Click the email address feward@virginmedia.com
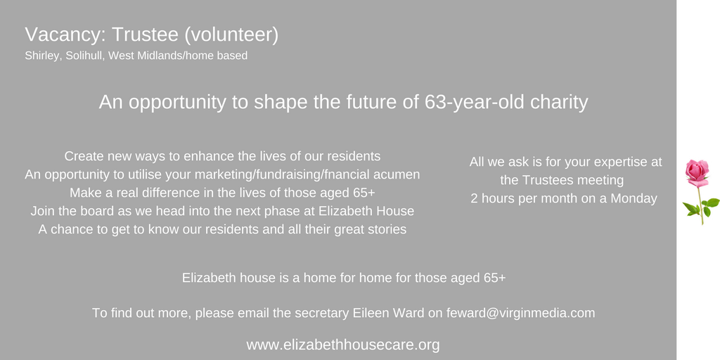tap(520, 313)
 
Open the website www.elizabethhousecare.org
tap(343, 345)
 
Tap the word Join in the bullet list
tap(43, 211)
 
